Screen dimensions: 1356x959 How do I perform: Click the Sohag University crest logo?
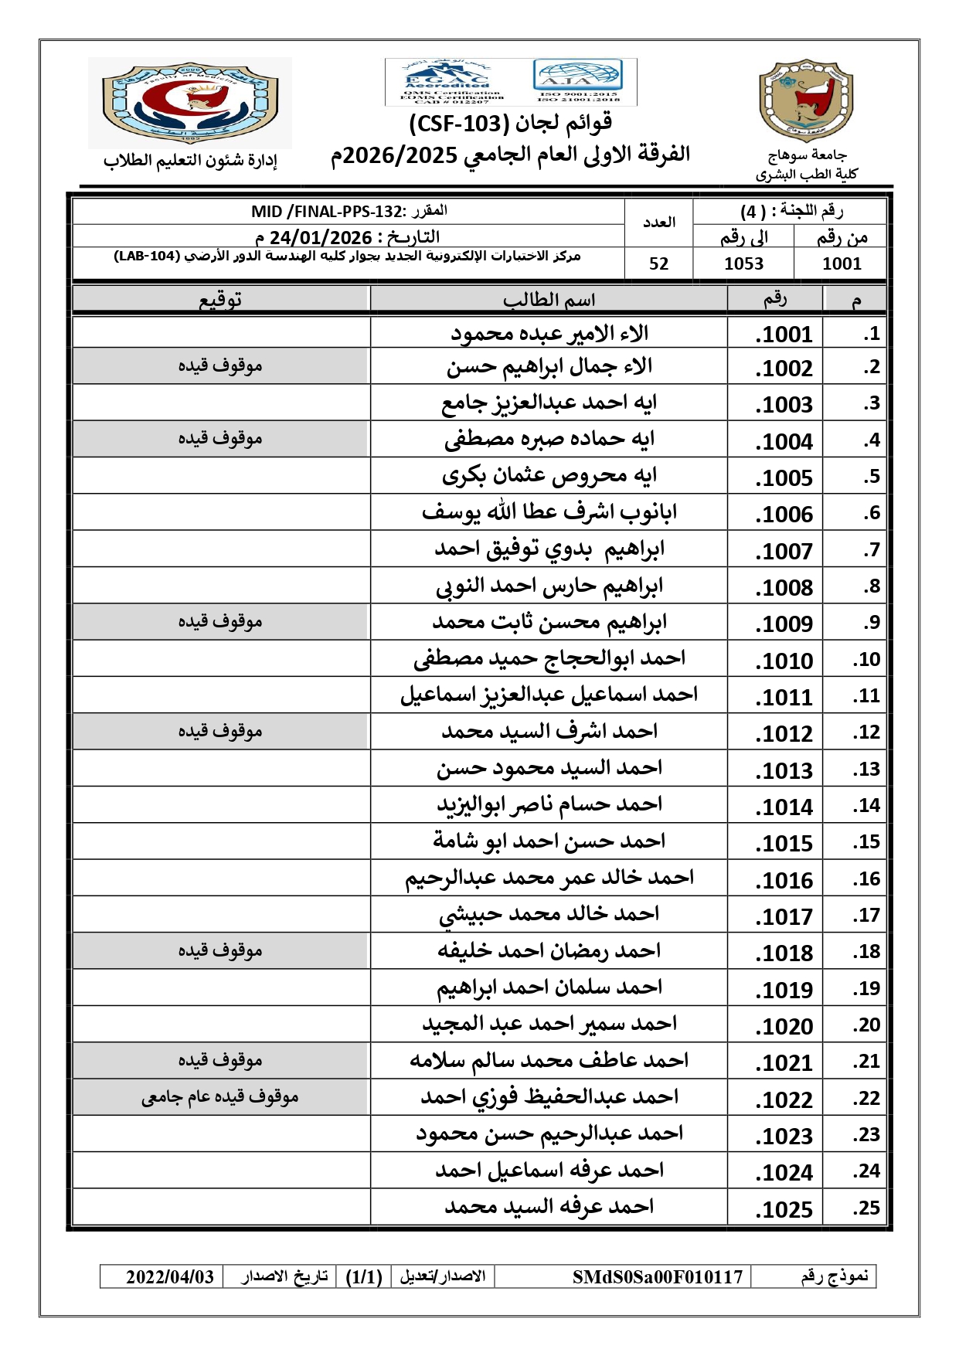coord(806,100)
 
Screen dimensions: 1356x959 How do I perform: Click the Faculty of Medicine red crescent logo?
coord(189,102)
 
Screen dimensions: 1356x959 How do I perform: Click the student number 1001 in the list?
coord(784,335)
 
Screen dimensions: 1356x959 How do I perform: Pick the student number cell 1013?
coord(784,770)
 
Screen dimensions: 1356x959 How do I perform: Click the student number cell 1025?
coord(784,1209)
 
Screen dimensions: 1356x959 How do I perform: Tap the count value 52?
coord(658,264)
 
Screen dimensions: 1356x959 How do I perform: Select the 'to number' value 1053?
coord(743,264)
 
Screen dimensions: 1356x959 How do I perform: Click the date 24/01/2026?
coord(321,237)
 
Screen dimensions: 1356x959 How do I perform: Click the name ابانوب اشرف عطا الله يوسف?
coord(549,512)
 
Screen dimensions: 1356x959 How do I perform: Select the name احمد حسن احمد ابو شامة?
coord(549,841)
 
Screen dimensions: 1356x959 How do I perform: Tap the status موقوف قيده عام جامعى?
coord(220,1097)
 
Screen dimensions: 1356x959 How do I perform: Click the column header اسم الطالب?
coord(549,300)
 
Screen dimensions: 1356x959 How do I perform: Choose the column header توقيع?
coord(220,300)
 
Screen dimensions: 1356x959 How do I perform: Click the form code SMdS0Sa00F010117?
coord(658,1277)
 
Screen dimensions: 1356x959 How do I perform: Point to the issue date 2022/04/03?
coord(170,1277)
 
